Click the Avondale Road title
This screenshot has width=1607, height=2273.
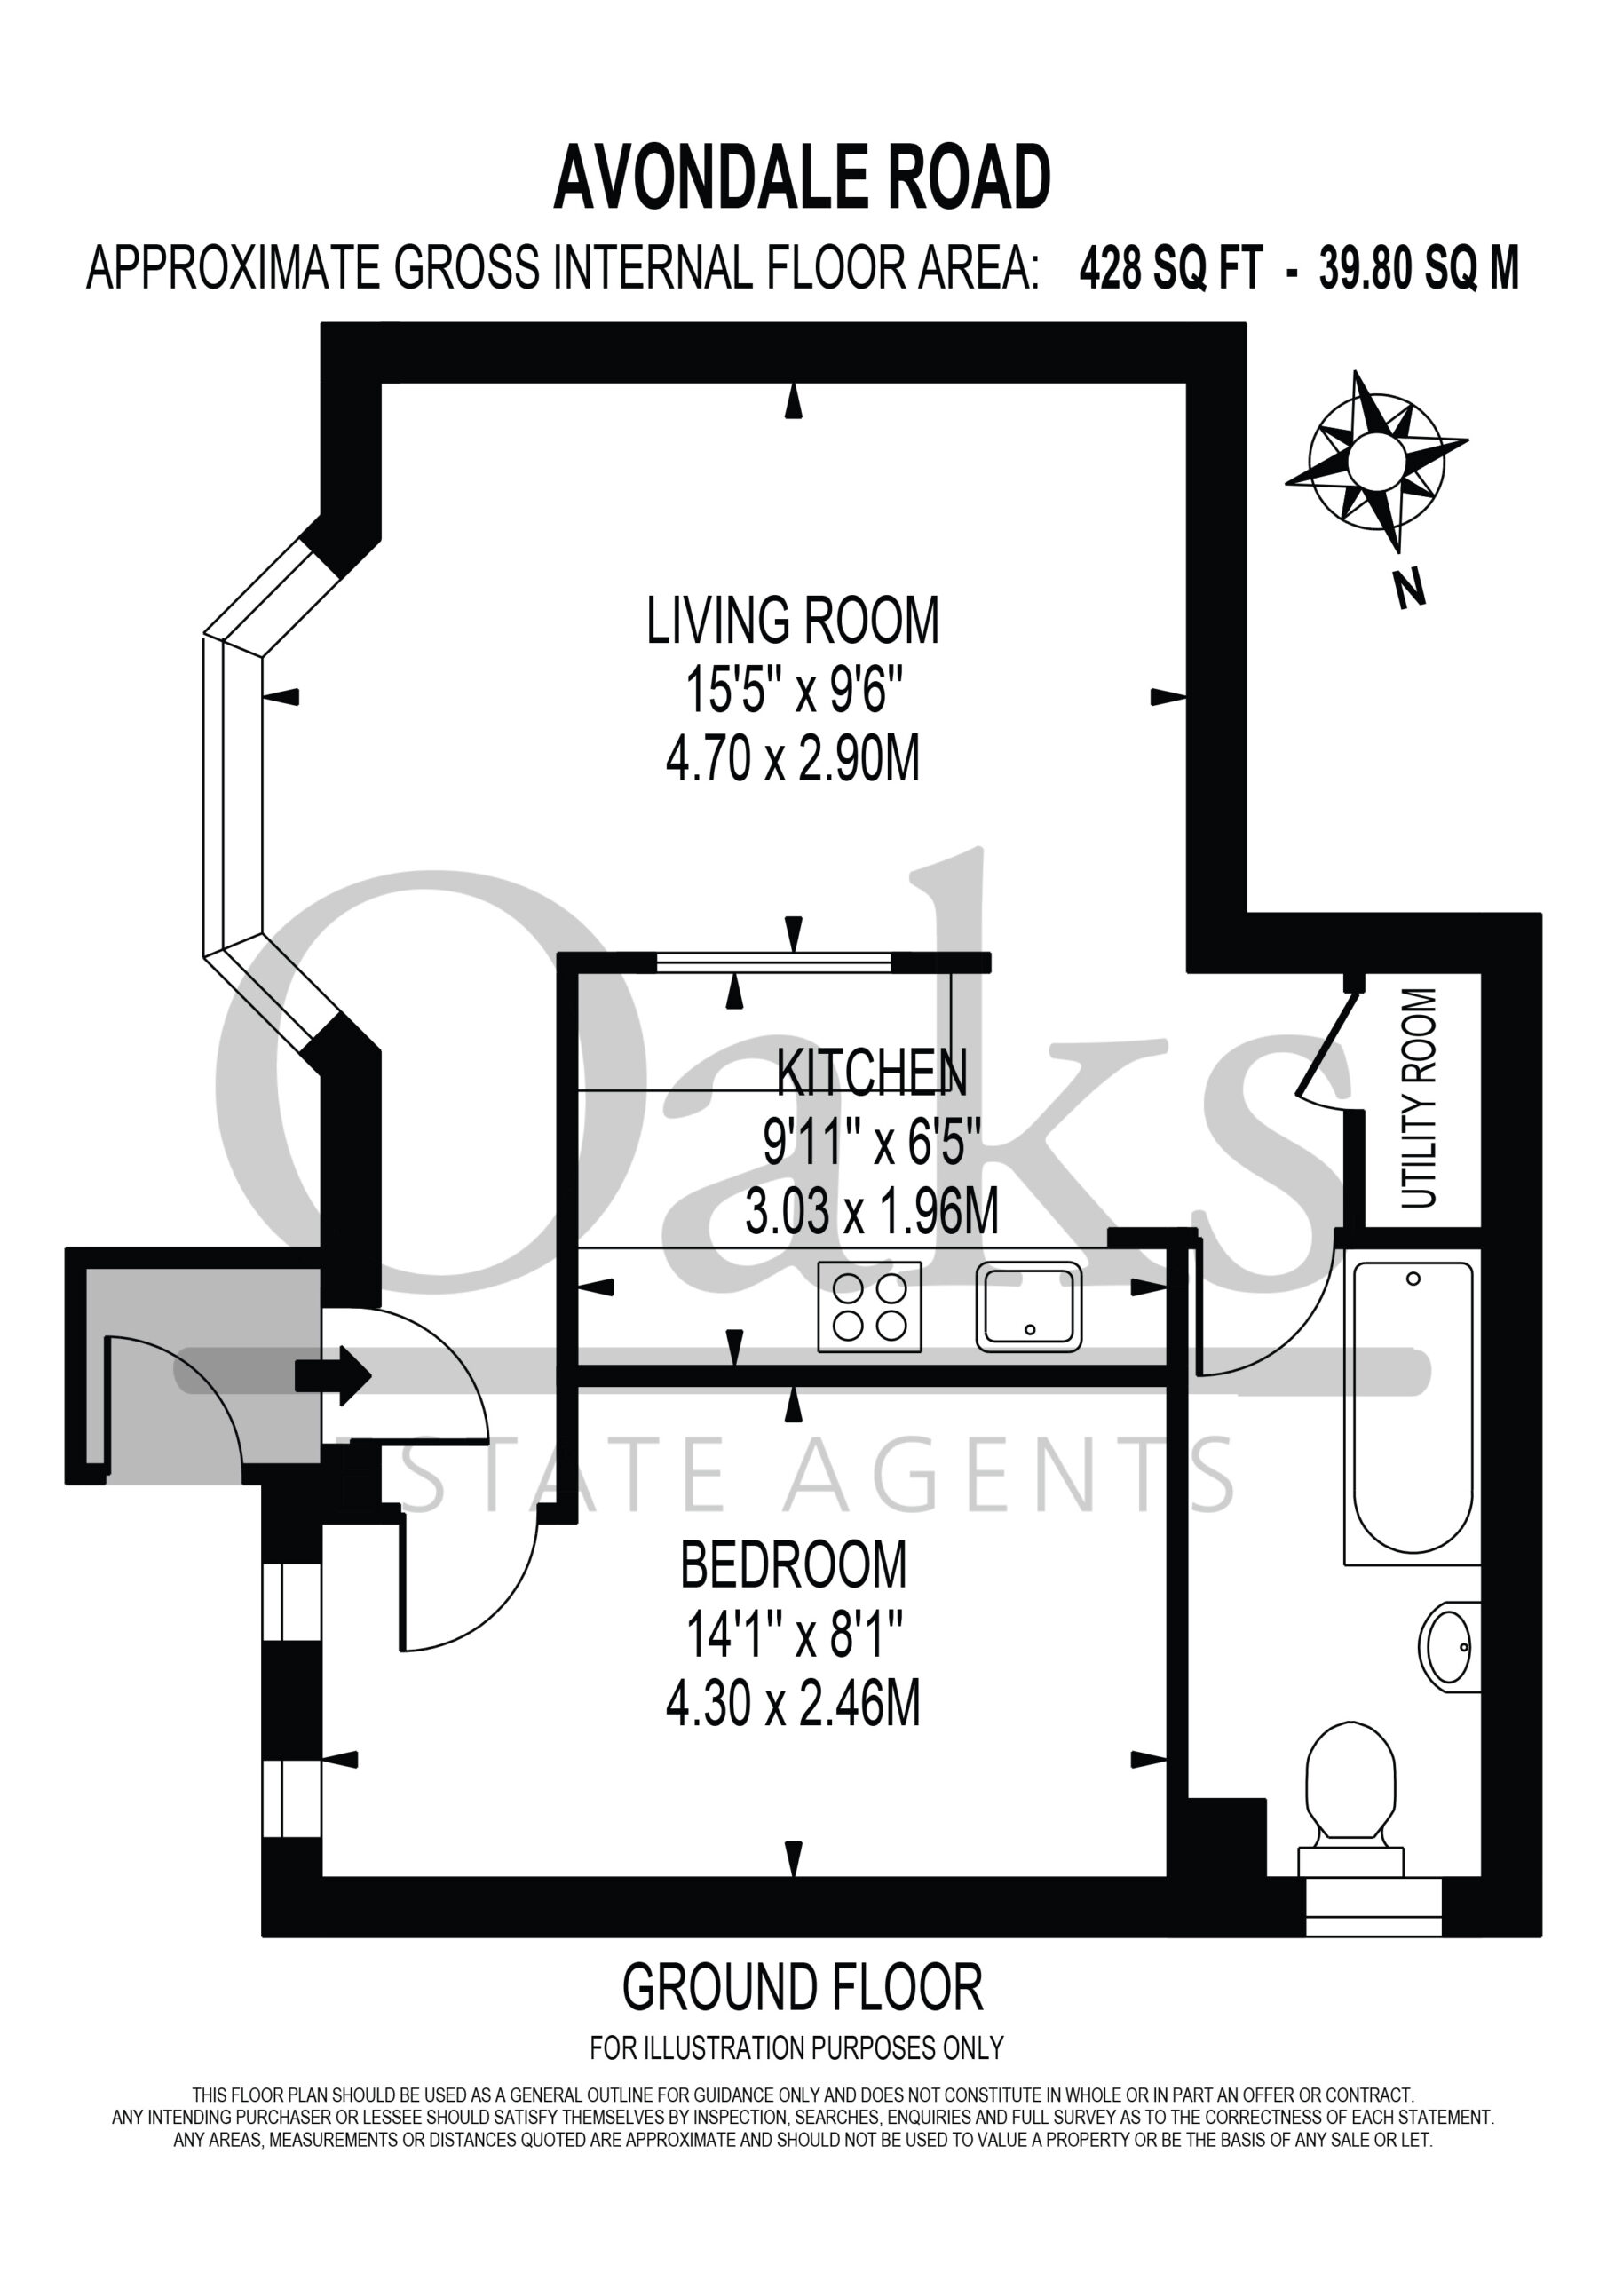tap(802, 178)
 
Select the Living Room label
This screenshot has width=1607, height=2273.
tap(793, 621)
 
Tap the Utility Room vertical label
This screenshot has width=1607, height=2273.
tap(1419, 1099)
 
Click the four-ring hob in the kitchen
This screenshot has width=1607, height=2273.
tap(869, 1307)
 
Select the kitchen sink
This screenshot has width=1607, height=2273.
tap(1029, 1307)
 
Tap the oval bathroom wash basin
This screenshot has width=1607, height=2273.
tap(1450, 1647)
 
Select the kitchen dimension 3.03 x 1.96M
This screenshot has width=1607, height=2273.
tap(871, 1211)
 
